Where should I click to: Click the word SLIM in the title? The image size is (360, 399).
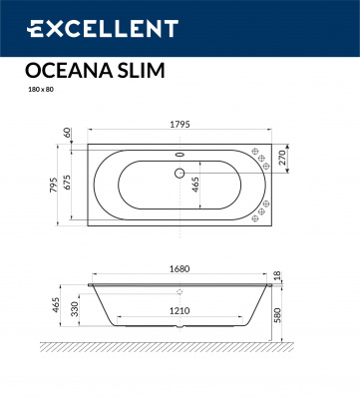[x=140, y=71]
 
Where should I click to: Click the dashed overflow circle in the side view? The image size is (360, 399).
[x=180, y=292]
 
